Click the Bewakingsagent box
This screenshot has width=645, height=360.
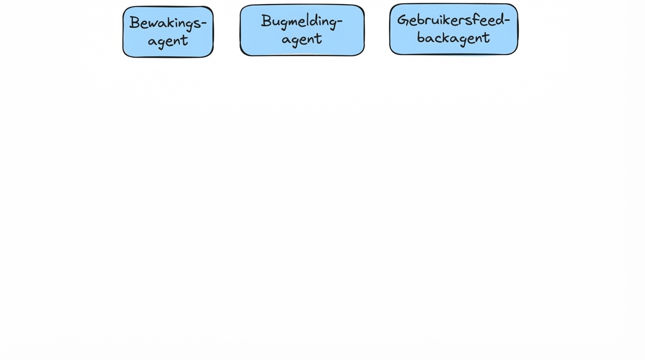(168, 32)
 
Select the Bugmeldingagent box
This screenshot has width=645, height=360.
(302, 30)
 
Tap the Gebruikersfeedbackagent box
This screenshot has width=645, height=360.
(453, 29)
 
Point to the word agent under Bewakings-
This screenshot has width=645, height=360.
(168, 41)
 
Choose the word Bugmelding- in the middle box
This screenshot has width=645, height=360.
(301, 22)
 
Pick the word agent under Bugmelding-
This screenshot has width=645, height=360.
(301, 39)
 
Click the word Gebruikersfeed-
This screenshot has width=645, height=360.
(453, 20)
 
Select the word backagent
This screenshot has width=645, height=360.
(453, 37)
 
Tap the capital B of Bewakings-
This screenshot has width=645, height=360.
(135, 22)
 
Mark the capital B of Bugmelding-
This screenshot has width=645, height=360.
(266, 21)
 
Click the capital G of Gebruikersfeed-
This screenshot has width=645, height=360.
(402, 20)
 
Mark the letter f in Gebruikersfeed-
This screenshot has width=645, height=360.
(477, 19)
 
